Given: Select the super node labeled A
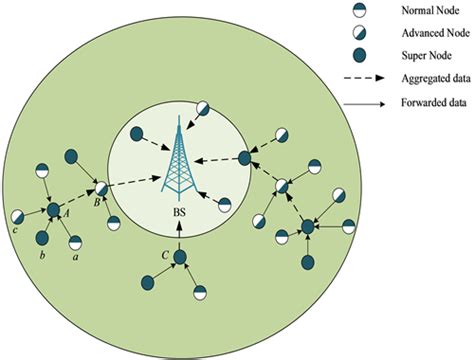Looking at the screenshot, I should [52, 210].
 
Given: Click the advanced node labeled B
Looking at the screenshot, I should [101, 187].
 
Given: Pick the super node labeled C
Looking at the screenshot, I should [180, 259].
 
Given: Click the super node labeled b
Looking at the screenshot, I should [41, 239].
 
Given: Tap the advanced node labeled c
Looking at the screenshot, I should [18, 216].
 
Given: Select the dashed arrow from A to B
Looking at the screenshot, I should [77, 198].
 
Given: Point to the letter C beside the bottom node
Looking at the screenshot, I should [166, 255].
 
